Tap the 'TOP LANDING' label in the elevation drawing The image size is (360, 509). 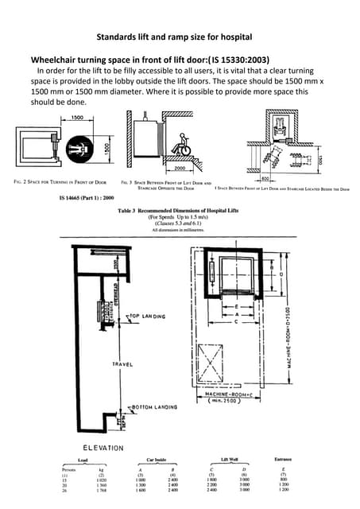pos(148,315)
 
